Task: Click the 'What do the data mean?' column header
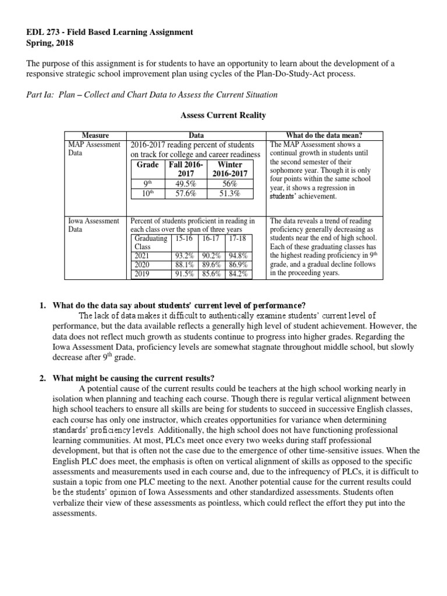coord(325,135)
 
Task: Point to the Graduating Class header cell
coord(150,243)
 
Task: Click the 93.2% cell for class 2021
coord(185,256)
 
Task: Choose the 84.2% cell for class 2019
coord(239,274)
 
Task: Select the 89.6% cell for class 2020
coord(211,265)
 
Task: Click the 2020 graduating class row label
coord(142,265)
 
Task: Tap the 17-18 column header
coord(239,239)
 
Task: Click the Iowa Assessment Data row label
coord(94,225)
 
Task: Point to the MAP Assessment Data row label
coord(94,149)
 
